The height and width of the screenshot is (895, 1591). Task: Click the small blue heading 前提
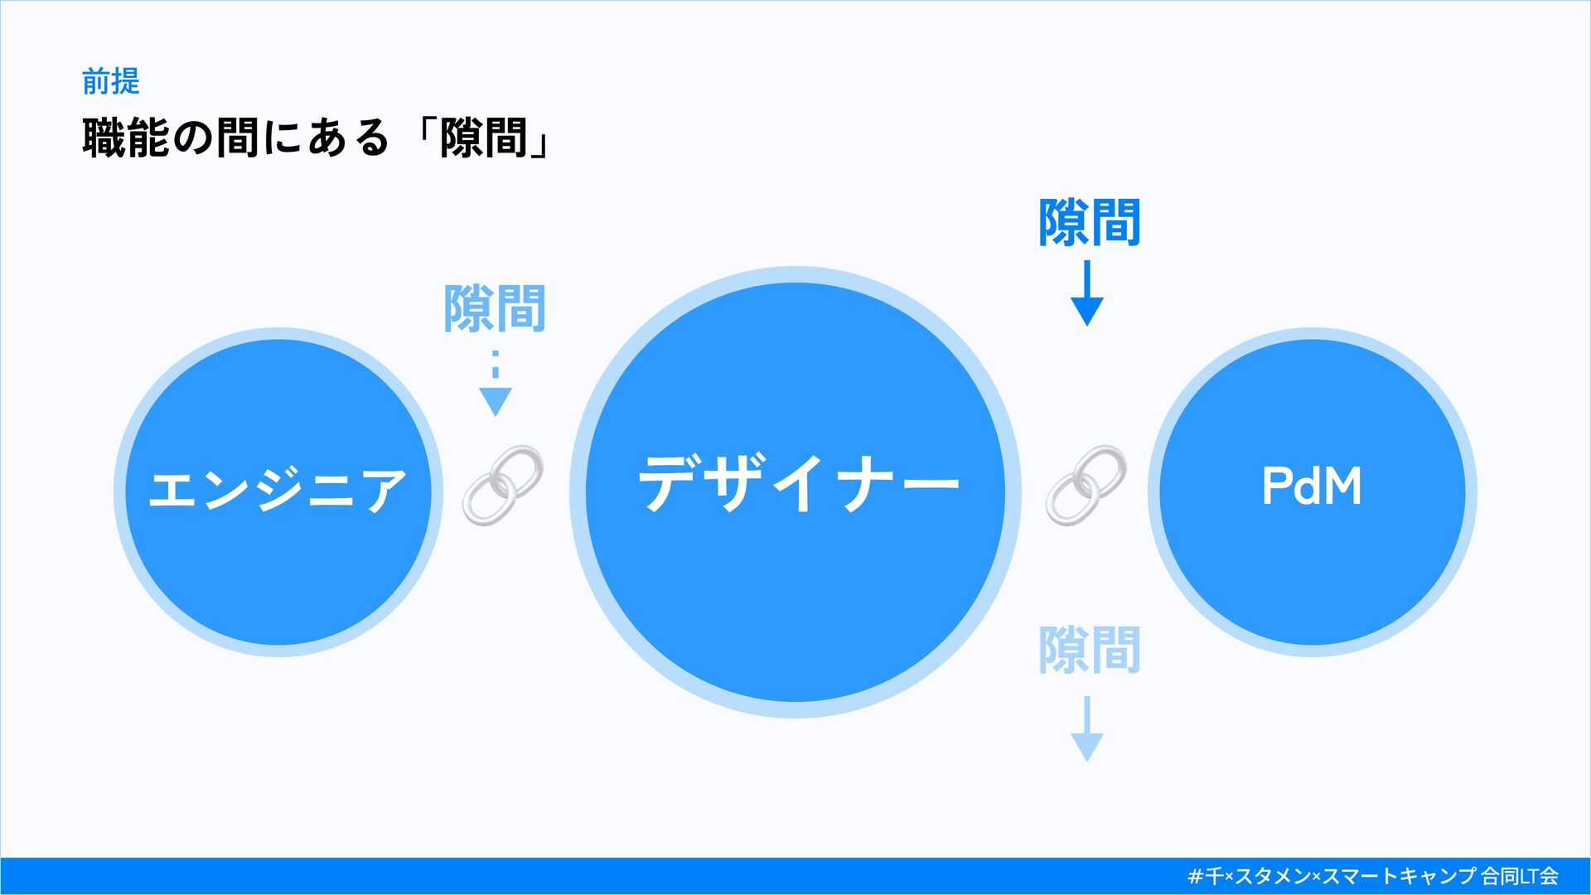[x=110, y=81]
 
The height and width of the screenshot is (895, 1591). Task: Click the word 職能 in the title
[x=126, y=138]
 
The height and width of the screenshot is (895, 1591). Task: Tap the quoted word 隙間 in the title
[x=484, y=138]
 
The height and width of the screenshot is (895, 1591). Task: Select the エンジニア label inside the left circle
[x=278, y=489]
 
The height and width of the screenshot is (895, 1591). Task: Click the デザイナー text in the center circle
[x=798, y=484]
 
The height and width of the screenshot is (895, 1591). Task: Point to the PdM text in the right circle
[x=1312, y=486]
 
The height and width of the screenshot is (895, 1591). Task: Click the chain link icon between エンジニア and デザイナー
[x=502, y=486]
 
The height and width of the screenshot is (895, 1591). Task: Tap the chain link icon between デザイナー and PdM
[x=1086, y=486]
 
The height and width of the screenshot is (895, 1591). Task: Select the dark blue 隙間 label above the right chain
[x=1090, y=222]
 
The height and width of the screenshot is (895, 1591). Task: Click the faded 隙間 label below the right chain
[x=1090, y=650]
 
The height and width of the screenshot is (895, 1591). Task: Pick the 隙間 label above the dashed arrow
[x=495, y=309]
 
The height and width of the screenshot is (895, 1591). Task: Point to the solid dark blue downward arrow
[x=1086, y=293]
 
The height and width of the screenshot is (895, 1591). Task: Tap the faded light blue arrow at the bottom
[x=1086, y=728]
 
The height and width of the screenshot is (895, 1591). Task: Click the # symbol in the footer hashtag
[x=1195, y=876]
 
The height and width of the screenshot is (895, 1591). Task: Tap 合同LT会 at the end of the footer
[x=1520, y=876]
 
